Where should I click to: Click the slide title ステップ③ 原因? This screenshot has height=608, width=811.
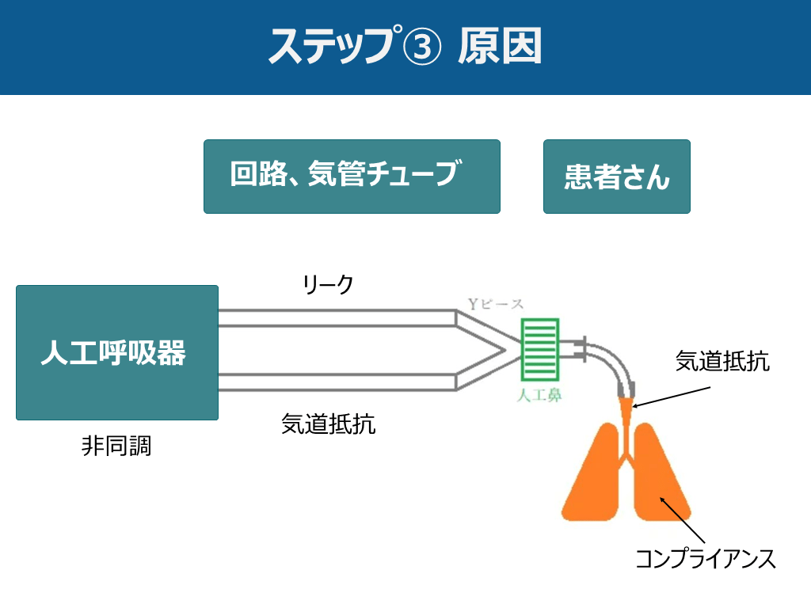tap(405, 47)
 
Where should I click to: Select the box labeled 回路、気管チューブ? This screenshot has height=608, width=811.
tap(352, 177)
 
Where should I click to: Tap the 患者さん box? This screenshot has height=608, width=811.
tap(616, 177)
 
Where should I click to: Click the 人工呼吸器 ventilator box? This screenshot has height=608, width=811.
tap(116, 352)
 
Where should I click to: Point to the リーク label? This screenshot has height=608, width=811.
tap(328, 284)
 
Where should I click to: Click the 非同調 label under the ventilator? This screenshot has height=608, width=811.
tap(116, 446)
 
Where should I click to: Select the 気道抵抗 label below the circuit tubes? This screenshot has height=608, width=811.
tap(328, 424)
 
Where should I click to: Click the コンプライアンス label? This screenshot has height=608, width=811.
tap(706, 559)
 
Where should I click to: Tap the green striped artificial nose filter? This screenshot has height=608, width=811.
tap(540, 349)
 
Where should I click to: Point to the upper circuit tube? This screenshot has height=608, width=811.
tap(337, 317)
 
